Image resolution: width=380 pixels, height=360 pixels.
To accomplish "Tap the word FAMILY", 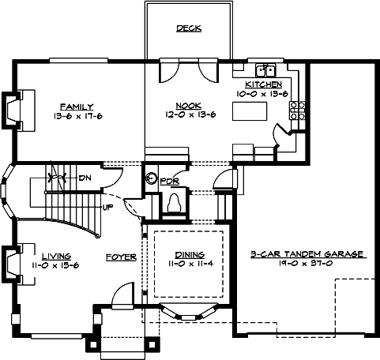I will tap(77, 106).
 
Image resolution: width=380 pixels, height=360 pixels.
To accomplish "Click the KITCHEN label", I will tap(263, 84).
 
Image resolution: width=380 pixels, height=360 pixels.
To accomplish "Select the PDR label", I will tap(171, 181).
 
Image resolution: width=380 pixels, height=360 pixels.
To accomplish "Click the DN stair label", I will tap(85, 178).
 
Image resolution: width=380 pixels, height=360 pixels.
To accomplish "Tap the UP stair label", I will tap(107, 208).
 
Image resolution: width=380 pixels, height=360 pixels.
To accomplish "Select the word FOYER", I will tap(122, 257).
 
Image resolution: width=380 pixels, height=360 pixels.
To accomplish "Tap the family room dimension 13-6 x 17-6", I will tap(77, 115).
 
